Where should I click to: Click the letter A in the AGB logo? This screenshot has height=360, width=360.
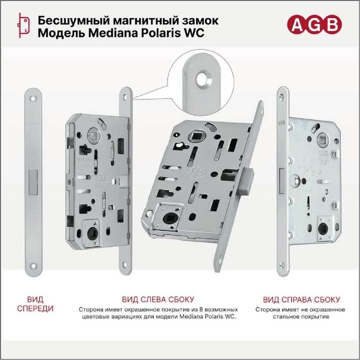297,25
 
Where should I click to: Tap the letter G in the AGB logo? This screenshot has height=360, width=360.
314,25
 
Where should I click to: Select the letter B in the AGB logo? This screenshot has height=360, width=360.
332,25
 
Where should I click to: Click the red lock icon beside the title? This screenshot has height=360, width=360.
23,25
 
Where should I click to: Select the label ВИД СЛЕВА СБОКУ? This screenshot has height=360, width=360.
158,300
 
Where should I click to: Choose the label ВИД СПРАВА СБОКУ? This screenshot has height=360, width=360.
301,300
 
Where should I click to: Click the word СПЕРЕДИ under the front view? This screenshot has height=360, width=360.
35,309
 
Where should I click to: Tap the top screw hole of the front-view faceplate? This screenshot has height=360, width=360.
33,99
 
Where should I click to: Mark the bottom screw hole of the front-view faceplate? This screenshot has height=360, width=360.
33,266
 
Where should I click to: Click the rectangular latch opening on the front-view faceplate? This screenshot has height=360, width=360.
33,183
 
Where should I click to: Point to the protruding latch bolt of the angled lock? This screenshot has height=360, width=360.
245,182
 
